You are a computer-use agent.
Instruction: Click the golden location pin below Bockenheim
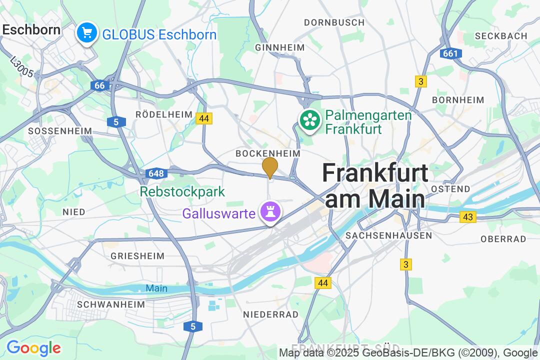click(270, 166)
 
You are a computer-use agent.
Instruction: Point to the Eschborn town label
click(31, 29)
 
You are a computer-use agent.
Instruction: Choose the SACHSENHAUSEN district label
click(388, 235)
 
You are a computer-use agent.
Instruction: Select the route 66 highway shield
click(100, 85)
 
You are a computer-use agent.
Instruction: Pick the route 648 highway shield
click(156, 173)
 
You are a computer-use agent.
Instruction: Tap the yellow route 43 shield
click(468, 217)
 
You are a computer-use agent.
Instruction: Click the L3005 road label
click(21, 66)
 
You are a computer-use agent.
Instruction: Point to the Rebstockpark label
click(182, 191)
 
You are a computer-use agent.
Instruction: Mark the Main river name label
click(156, 288)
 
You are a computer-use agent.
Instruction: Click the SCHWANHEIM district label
click(111, 304)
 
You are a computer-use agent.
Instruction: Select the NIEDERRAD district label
click(270, 314)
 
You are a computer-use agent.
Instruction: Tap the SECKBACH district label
click(501, 36)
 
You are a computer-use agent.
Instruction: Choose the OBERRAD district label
click(503, 239)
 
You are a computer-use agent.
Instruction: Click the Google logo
click(33, 347)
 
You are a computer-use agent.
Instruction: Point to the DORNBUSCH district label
click(334, 22)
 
